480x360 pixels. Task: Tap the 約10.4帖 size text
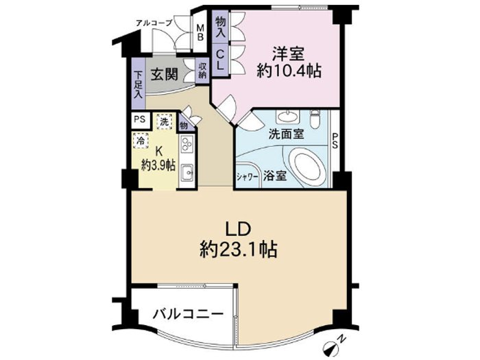[x=289, y=72]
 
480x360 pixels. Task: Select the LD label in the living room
[x=239, y=229]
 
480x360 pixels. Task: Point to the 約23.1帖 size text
[x=239, y=250]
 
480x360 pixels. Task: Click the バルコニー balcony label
[x=188, y=314]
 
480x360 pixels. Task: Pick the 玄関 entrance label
[x=165, y=74]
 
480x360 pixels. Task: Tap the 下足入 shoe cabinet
[x=139, y=85]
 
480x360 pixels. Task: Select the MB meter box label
[x=200, y=32]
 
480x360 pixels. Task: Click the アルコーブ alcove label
[x=154, y=23]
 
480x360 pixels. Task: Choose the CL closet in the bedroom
[x=221, y=60]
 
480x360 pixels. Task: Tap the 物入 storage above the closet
[x=221, y=27]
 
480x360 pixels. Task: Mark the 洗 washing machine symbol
[x=165, y=122]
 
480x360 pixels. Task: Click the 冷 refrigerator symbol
[x=141, y=141]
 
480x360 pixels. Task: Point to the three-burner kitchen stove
[x=187, y=144]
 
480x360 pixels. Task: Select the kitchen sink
[x=187, y=173]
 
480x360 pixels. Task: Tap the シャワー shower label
[x=248, y=177]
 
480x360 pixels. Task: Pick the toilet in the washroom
[x=315, y=119]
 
